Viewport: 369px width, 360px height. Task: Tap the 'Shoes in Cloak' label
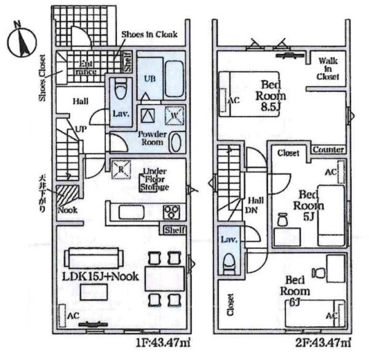[149, 34]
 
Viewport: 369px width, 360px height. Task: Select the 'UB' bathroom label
[149, 78]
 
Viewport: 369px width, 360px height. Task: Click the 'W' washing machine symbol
[173, 114]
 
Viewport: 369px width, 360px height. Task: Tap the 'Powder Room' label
[151, 138]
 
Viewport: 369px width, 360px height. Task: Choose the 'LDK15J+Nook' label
[100, 276]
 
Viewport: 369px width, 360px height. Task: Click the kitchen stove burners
[170, 213]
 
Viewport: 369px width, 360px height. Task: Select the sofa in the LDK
[92, 256]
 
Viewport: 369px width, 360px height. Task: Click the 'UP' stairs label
[81, 130]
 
